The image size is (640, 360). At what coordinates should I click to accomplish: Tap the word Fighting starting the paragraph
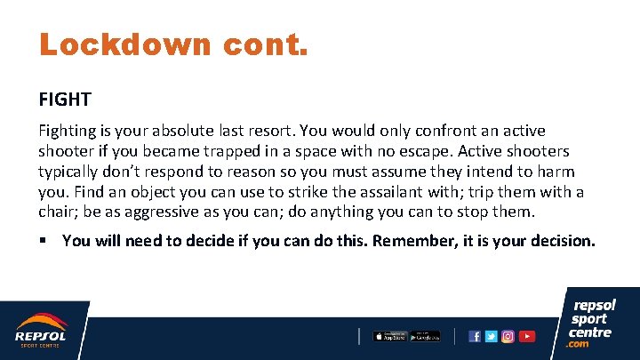68,132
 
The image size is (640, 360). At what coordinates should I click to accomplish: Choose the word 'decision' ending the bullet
561,241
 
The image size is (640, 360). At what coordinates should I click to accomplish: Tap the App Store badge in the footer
388,336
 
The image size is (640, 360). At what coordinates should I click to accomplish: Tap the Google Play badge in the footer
425,336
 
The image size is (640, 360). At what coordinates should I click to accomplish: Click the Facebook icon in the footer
475,336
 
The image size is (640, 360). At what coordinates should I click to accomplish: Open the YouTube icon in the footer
527,336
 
